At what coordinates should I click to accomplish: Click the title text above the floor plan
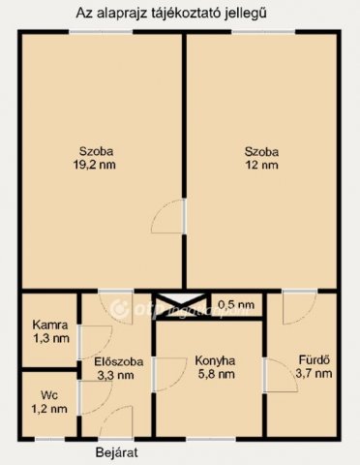click(x=180, y=13)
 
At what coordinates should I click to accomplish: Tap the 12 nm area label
click(x=261, y=166)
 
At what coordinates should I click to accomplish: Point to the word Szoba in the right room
click(x=261, y=151)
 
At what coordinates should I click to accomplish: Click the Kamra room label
click(x=49, y=325)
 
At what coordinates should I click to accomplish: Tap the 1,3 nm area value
click(x=49, y=338)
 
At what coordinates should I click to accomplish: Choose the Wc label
click(x=48, y=394)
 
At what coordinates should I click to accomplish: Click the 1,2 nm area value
click(x=48, y=408)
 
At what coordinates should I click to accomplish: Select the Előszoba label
click(x=119, y=361)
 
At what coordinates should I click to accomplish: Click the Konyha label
click(x=209, y=360)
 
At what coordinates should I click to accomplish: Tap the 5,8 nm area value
click(x=209, y=375)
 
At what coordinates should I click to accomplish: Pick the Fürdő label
click(x=313, y=360)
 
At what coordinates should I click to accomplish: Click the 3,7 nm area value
click(x=313, y=374)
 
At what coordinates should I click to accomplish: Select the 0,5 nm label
click(x=236, y=304)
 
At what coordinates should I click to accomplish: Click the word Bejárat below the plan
click(x=116, y=451)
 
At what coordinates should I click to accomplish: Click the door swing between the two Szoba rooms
click(x=173, y=217)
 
